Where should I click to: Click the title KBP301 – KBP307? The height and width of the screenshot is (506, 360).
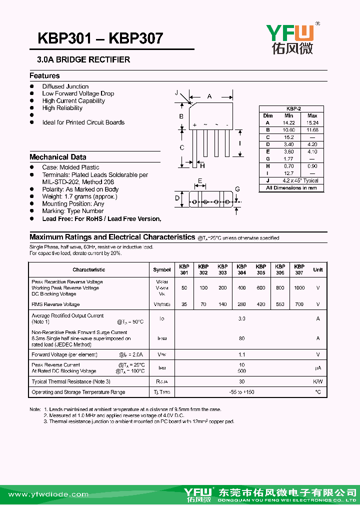pyautogui.click(x=100, y=38)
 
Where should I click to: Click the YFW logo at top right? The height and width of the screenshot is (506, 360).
pyautogui.click(x=290, y=39)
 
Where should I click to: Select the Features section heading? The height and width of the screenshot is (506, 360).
pyautogui.click(x=44, y=76)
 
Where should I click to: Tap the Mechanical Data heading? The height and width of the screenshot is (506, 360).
pyautogui.click(x=57, y=157)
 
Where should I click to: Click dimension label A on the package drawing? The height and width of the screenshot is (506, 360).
pyautogui.click(x=209, y=96)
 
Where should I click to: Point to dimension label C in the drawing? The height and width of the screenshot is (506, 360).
pyautogui.click(x=182, y=147)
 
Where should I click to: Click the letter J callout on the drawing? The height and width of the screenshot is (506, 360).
pyautogui.click(x=177, y=93)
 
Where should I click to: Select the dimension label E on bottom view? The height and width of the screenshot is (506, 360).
pyautogui.click(x=200, y=181)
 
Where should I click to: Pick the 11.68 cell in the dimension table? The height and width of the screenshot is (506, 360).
pyautogui.click(x=312, y=130)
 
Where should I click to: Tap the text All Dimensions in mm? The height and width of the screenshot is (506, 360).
pyautogui.click(x=291, y=188)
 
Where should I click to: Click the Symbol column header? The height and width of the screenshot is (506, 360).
pyautogui.click(x=161, y=270)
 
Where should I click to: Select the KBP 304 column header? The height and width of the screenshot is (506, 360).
pyautogui.click(x=241, y=270)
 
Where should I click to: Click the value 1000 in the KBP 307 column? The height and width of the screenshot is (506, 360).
pyautogui.click(x=299, y=288)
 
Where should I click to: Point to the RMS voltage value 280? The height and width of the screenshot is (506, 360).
pyautogui.click(x=241, y=304)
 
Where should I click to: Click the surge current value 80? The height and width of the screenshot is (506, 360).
pyautogui.click(x=241, y=338)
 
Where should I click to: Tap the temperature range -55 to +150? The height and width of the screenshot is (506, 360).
pyautogui.click(x=241, y=392)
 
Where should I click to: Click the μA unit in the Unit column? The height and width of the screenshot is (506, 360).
pyautogui.click(x=317, y=368)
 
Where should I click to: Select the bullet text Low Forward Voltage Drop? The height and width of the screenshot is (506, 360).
pyautogui.click(x=78, y=93)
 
